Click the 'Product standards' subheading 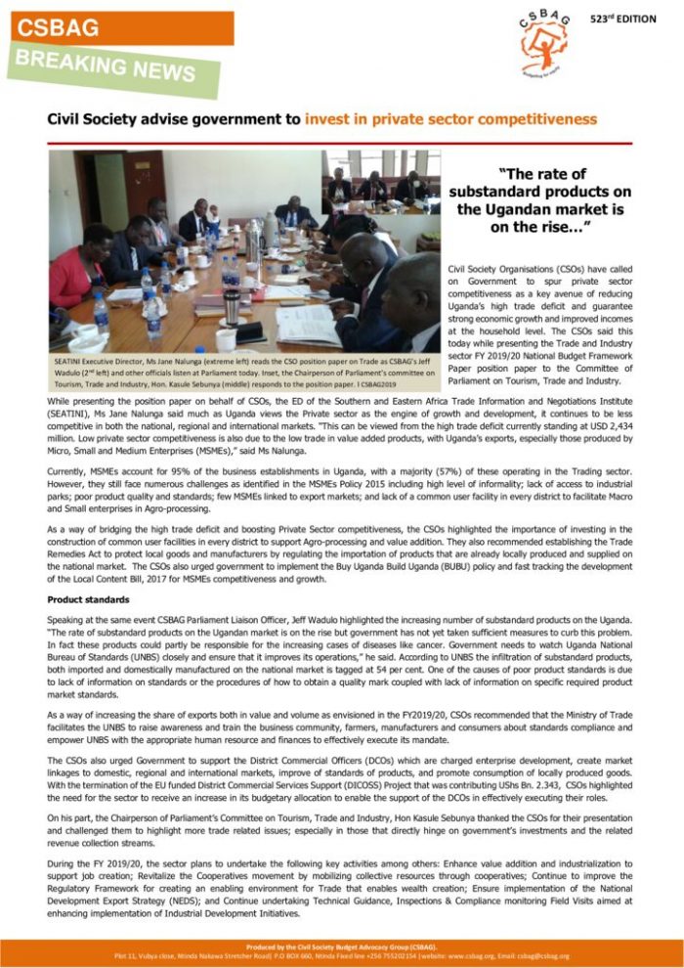click(87, 598)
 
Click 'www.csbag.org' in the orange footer click(504, 956)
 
